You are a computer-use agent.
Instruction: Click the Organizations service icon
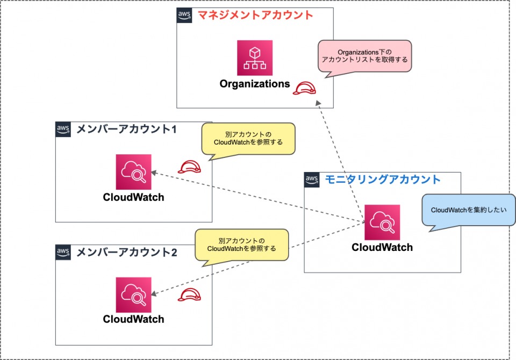(x=255, y=58)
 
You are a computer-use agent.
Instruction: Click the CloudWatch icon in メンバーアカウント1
(x=133, y=172)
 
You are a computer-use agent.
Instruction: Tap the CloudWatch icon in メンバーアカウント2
(x=133, y=294)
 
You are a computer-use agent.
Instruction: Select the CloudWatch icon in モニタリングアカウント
(x=382, y=222)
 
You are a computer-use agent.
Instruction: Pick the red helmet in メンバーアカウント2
(x=190, y=294)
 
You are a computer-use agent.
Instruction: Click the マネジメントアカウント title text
(x=255, y=15)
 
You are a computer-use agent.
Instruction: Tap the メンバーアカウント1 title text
(x=126, y=129)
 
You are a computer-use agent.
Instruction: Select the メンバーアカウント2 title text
(x=127, y=251)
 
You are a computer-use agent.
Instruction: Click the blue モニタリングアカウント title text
(x=383, y=179)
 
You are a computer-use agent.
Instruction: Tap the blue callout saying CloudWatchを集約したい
(x=469, y=211)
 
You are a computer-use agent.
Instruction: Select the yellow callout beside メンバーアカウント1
(x=248, y=138)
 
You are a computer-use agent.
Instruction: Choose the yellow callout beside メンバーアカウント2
(x=241, y=244)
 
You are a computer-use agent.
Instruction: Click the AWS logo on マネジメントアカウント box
(x=184, y=16)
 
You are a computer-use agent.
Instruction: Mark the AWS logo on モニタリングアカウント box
(x=312, y=179)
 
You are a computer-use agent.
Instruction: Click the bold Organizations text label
(x=255, y=84)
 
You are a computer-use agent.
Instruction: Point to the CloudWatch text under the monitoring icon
(x=382, y=248)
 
